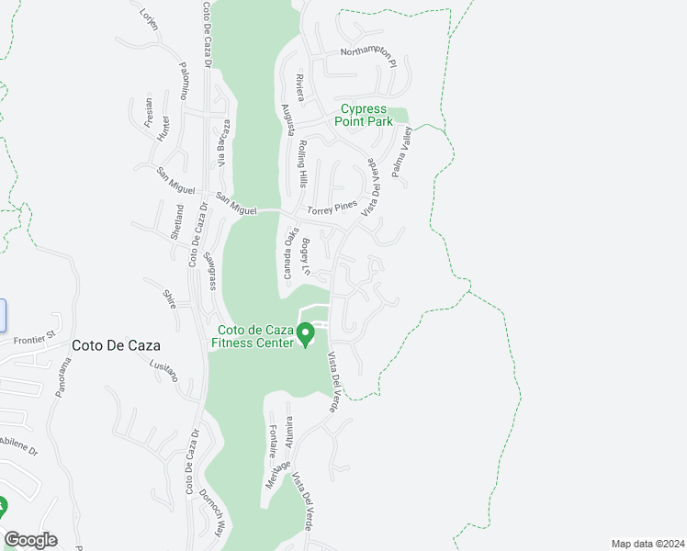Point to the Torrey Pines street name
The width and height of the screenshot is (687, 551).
(x=332, y=209)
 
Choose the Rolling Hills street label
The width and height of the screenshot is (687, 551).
(x=301, y=163)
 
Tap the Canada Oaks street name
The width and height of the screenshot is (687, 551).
(x=287, y=253)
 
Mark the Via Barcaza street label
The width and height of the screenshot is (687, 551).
(x=222, y=144)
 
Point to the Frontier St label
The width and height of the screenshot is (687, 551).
(x=35, y=340)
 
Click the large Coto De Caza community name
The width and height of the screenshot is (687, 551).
(x=116, y=346)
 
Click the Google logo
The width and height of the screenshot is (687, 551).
(x=30, y=540)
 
